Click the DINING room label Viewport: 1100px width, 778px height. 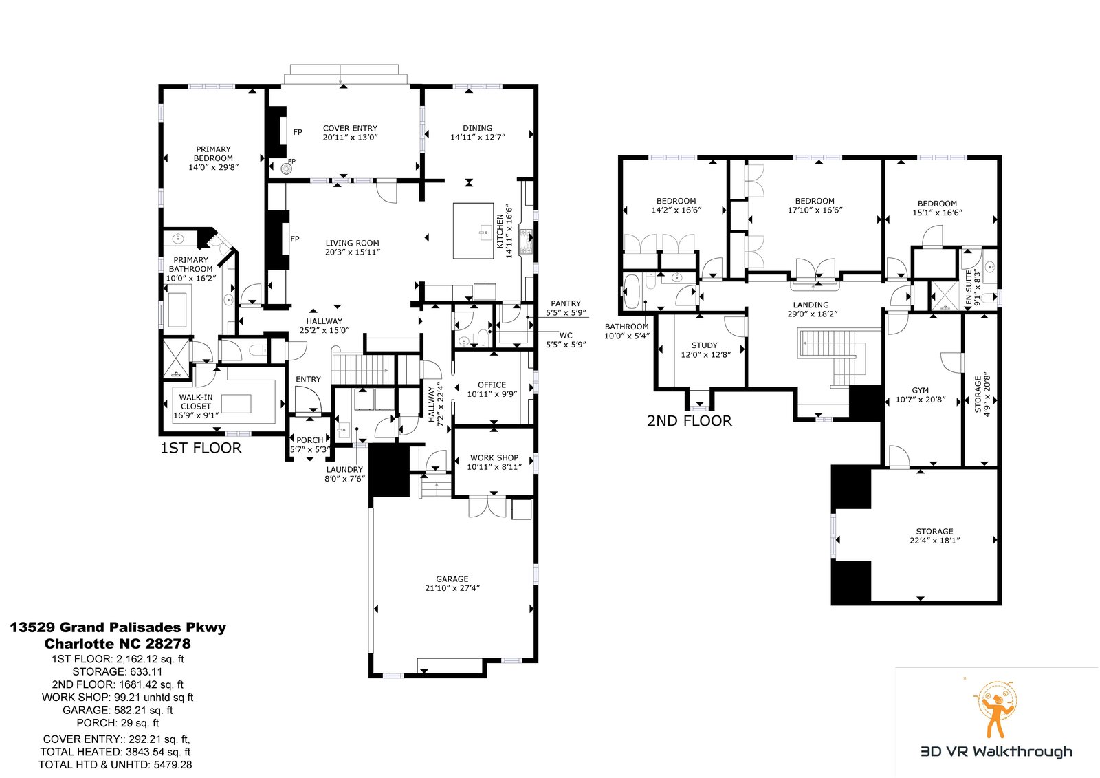pyautogui.click(x=477, y=128)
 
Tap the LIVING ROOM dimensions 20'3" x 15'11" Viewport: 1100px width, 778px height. pyautogui.click(x=353, y=252)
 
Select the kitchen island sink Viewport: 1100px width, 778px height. pyautogui.click(x=485, y=230)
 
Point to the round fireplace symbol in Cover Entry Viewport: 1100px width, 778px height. pyautogui.click(x=286, y=169)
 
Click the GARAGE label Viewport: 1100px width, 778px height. pyautogui.click(x=452, y=579)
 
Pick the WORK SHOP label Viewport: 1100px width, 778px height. pyautogui.click(x=494, y=457)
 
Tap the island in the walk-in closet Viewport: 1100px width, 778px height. pyautogui.click(x=236, y=404)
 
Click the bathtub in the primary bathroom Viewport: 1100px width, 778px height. pyautogui.click(x=177, y=310)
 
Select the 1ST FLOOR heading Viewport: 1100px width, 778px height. pyautogui.click(x=201, y=448)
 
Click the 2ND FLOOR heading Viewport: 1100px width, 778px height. pyautogui.click(x=689, y=421)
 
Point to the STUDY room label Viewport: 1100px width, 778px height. pyautogui.click(x=704, y=345)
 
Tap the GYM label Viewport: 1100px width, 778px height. pyautogui.click(x=920, y=391)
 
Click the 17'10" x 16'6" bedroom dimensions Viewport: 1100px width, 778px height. pyautogui.click(x=815, y=210)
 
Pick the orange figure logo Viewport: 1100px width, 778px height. pyautogui.click(x=996, y=709)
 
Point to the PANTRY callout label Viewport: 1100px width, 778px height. pyautogui.click(x=566, y=303)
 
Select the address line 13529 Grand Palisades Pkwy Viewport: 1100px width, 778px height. pyautogui.click(x=118, y=627)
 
